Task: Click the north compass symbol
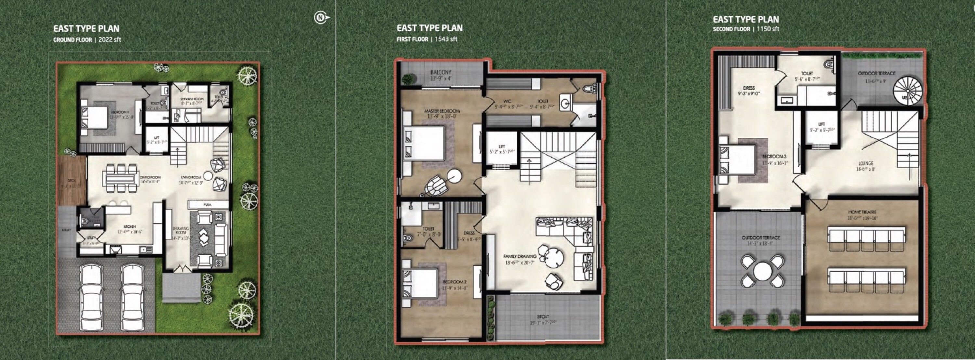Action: coord(321,18)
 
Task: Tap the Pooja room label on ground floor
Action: coord(207,205)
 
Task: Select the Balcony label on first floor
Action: coord(441,72)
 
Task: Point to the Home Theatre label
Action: coord(862,212)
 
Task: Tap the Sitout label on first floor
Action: coord(543,316)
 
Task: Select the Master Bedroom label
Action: coord(442,111)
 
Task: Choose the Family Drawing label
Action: coord(520,256)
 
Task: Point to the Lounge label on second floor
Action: coord(865,163)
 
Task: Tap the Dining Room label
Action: coord(150,177)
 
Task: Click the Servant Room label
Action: coord(192,99)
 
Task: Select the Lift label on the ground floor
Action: coord(157,138)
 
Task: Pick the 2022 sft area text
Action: coord(110,39)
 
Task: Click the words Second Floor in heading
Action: coord(731,29)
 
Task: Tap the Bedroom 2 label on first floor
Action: coord(455,282)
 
